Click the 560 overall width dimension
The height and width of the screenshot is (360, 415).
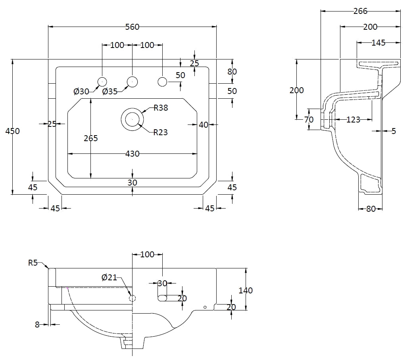pyautogui.click(x=132, y=27)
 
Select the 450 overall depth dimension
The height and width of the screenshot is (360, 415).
pyautogui.click(x=12, y=131)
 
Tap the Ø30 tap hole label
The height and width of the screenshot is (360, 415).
pyautogui.click(x=81, y=92)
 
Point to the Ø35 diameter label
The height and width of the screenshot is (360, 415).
pyautogui.click(x=110, y=92)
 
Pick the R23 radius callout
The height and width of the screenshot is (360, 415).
pyautogui.click(x=161, y=132)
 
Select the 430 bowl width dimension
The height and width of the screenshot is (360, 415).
pyautogui.click(x=132, y=153)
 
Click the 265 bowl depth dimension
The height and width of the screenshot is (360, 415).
pyautogui.click(x=91, y=138)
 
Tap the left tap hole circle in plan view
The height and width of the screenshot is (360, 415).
pyautogui.click(x=102, y=82)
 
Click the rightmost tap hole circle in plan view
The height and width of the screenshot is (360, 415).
pyautogui.click(x=162, y=82)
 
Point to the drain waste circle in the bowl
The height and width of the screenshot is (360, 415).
pyautogui.click(x=132, y=119)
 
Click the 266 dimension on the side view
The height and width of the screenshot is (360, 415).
pyautogui.click(x=360, y=11)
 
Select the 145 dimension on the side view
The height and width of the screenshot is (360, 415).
pyautogui.click(x=378, y=43)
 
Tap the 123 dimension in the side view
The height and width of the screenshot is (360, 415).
pyautogui.click(x=353, y=119)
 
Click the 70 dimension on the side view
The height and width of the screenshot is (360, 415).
pyautogui.click(x=309, y=119)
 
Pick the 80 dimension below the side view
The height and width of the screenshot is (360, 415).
pyautogui.click(x=371, y=209)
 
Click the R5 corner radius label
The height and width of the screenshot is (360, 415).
pyautogui.click(x=33, y=262)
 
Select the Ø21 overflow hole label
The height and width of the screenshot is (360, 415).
pyautogui.click(x=109, y=278)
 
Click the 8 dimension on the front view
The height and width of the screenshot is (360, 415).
pyautogui.click(x=37, y=324)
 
